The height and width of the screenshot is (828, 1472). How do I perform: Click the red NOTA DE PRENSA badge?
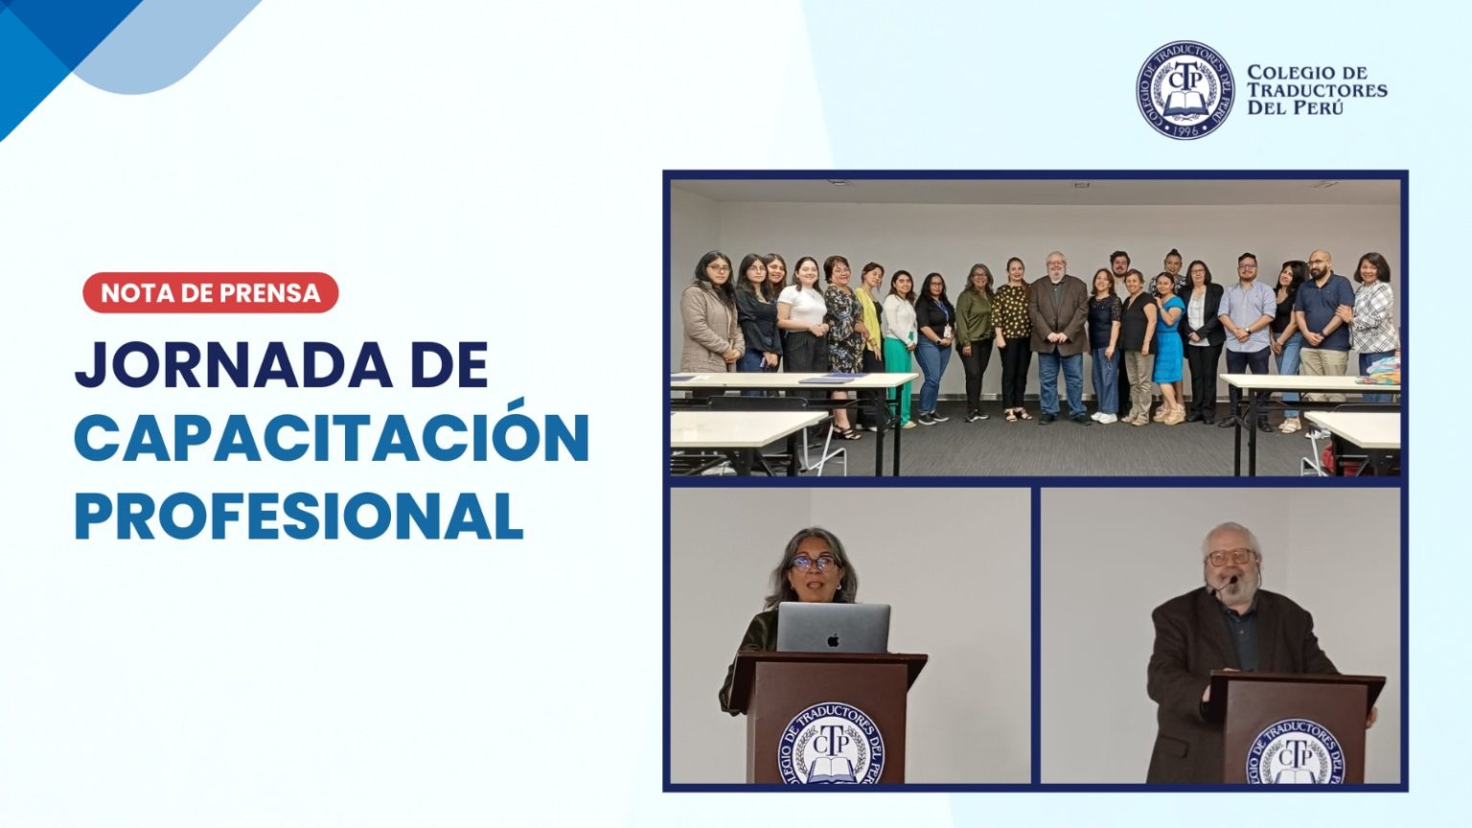tap(210, 292)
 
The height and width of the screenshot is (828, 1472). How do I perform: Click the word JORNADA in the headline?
tap(233, 365)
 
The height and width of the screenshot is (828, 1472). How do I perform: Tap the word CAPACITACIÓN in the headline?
tap(332, 438)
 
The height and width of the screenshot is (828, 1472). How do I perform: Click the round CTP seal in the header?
tap(1184, 89)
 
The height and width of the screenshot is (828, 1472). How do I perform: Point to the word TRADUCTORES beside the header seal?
tap(1317, 90)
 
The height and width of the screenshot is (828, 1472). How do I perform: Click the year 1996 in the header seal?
tap(1185, 129)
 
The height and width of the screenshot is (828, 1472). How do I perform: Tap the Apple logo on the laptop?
tap(833, 639)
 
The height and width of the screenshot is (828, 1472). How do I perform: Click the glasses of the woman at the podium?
tap(814, 563)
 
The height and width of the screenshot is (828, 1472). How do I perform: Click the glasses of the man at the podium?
tap(1230, 557)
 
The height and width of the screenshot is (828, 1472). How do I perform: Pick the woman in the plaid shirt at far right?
tap(1375, 325)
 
